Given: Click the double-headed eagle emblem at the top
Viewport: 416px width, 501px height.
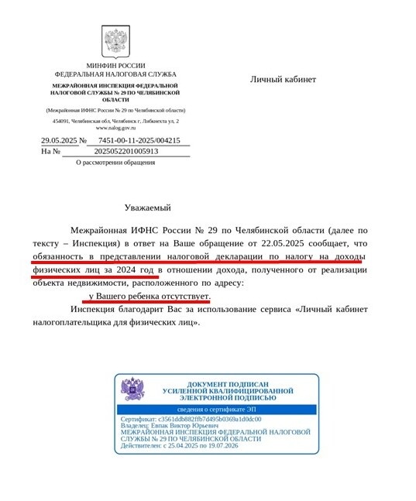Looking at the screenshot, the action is [x=115, y=41].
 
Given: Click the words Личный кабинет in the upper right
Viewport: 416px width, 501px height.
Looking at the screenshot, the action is [x=283, y=79].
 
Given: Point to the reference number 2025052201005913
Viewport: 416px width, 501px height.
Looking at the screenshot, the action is [x=125, y=151].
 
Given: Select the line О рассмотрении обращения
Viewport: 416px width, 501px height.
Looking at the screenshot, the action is [x=115, y=163].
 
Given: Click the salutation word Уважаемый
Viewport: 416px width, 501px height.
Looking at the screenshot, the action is [x=147, y=208].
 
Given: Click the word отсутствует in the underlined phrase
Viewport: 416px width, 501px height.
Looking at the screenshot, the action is [x=184, y=297].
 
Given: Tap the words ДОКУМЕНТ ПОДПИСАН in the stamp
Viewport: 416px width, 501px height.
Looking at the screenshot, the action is [x=229, y=383].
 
